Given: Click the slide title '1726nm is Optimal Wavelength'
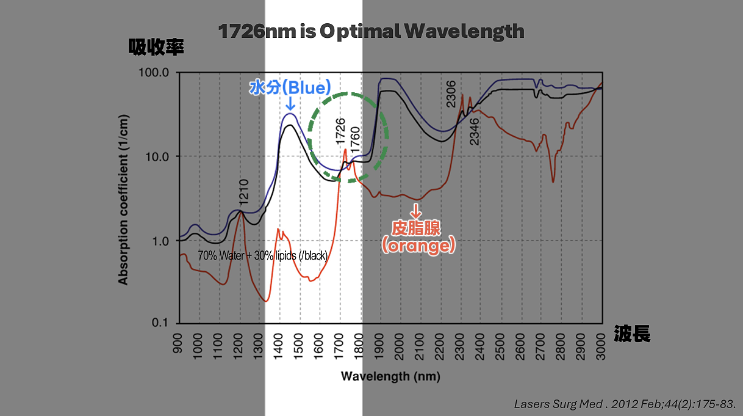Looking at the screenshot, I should pos(371,31).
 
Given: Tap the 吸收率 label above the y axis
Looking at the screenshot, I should pos(156,47).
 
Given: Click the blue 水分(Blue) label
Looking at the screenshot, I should pos(290,87).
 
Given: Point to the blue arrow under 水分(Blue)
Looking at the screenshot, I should pos(290,106).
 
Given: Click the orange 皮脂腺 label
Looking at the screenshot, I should pos(416,228).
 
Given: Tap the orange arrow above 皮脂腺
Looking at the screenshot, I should pos(416,211).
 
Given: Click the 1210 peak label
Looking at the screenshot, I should pos(243,192).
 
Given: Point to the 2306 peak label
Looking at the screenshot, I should pos(451,93).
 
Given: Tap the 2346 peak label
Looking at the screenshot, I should pos(475,131).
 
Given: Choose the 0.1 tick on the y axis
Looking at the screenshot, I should pos(164,323).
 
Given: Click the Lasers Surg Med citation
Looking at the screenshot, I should pos(625,404).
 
